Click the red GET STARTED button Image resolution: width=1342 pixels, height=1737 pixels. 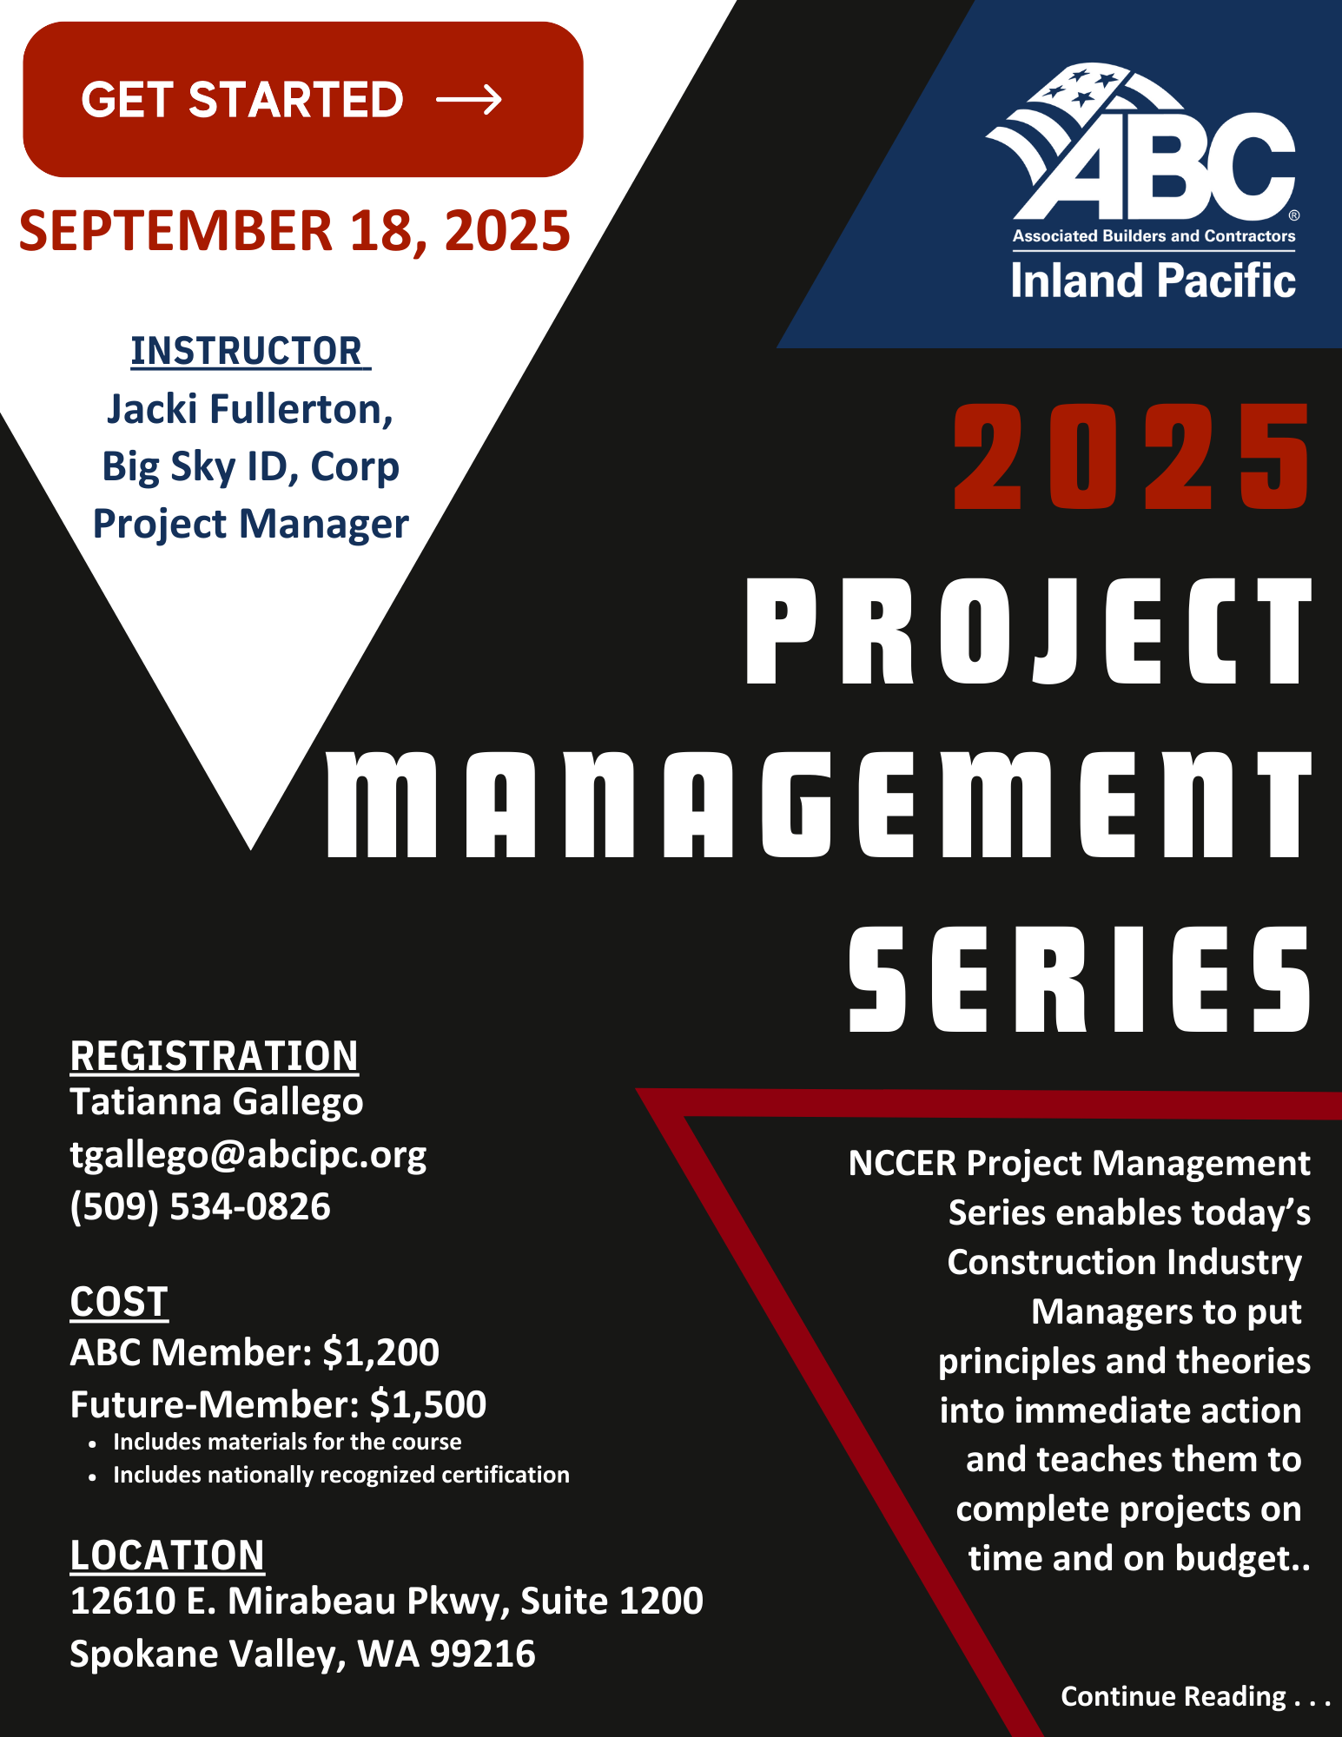303,100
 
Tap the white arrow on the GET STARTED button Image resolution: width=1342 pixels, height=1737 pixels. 469,100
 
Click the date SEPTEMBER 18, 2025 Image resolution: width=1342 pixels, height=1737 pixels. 294,231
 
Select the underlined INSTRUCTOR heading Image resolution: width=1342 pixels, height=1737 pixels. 250,352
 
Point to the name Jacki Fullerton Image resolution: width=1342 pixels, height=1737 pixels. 250,409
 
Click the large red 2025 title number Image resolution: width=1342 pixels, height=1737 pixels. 1132,456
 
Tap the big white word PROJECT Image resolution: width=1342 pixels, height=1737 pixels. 1028,631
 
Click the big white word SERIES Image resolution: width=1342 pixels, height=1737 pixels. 1080,979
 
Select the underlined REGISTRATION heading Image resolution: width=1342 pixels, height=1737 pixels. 214,1056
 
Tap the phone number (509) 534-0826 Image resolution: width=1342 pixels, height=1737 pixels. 201,1207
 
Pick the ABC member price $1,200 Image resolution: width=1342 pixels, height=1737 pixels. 380,1353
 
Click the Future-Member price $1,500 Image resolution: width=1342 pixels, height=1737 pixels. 427,1405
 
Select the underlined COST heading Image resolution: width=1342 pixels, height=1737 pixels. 119,1303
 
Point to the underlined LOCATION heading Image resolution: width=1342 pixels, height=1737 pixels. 167,1555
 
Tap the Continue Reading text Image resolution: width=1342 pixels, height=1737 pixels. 1195,1696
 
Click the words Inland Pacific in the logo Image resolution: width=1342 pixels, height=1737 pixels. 1154,281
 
